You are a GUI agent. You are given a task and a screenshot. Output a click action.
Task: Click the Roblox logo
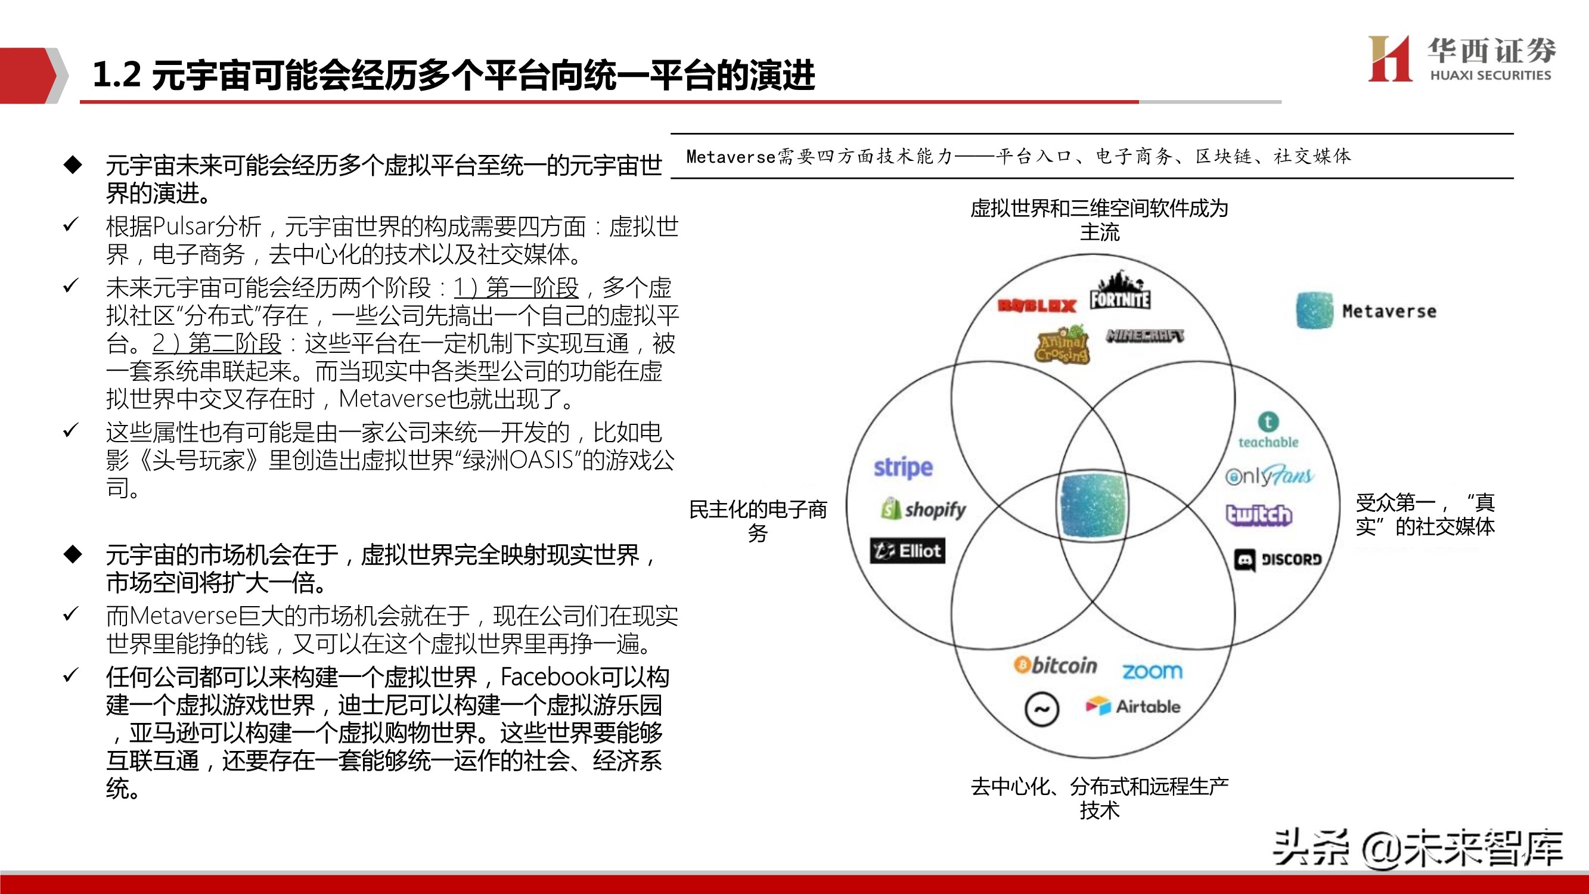point(1037,305)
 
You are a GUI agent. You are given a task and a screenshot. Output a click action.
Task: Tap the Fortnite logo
point(1119,292)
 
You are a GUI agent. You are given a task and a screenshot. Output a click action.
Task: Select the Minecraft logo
point(1145,336)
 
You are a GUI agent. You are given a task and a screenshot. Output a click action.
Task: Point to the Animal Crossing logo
point(1062,345)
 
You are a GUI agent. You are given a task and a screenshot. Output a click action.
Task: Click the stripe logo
point(903,468)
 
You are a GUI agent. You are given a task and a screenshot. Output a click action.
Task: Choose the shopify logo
point(923,509)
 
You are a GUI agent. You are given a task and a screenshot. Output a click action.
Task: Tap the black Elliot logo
point(907,550)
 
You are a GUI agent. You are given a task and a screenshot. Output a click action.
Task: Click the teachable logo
point(1268,431)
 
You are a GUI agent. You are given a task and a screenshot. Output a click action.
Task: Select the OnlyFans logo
point(1270,476)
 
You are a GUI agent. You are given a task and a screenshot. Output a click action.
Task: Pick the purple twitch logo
point(1258,514)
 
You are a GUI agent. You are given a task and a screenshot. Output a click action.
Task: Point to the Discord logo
point(1278,560)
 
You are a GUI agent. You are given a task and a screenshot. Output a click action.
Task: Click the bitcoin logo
point(1056,666)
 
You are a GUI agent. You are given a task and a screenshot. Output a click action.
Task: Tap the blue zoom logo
point(1152,670)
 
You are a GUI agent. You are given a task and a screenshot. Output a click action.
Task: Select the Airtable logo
point(1134,706)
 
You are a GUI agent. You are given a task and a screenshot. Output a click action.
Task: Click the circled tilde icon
point(1042,709)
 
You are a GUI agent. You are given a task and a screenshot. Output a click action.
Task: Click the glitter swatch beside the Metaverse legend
point(1314,311)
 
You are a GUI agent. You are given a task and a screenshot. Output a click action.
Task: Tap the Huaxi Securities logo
point(1462,58)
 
